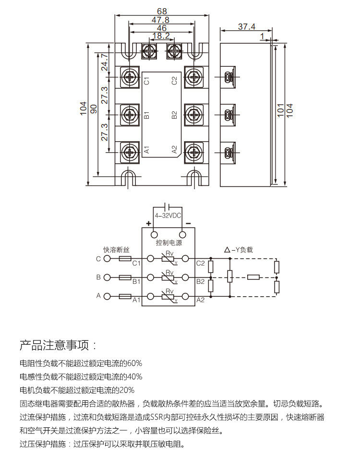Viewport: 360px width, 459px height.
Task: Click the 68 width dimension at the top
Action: point(162,11)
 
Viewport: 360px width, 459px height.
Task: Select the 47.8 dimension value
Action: point(161,20)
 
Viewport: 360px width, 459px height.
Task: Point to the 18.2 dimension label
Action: point(161,36)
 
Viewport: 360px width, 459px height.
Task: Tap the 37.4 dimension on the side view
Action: point(246,26)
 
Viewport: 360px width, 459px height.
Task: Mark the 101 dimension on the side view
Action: point(281,110)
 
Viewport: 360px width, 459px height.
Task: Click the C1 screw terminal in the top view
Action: point(130,77)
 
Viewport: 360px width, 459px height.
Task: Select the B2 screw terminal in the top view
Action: point(194,114)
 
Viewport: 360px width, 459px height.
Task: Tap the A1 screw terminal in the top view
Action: point(130,152)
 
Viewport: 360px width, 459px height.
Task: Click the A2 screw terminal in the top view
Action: point(194,152)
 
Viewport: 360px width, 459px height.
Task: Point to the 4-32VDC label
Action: point(168,216)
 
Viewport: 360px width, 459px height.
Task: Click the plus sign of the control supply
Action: point(149,224)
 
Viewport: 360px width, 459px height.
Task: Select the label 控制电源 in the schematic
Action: point(169,242)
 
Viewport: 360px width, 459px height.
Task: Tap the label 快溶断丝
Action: point(116,250)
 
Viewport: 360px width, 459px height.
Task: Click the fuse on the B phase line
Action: point(125,278)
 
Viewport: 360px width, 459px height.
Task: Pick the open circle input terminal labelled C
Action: point(108,259)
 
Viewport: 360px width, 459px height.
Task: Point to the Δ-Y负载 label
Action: point(238,250)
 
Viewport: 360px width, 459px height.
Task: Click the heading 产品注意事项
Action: point(54,345)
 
